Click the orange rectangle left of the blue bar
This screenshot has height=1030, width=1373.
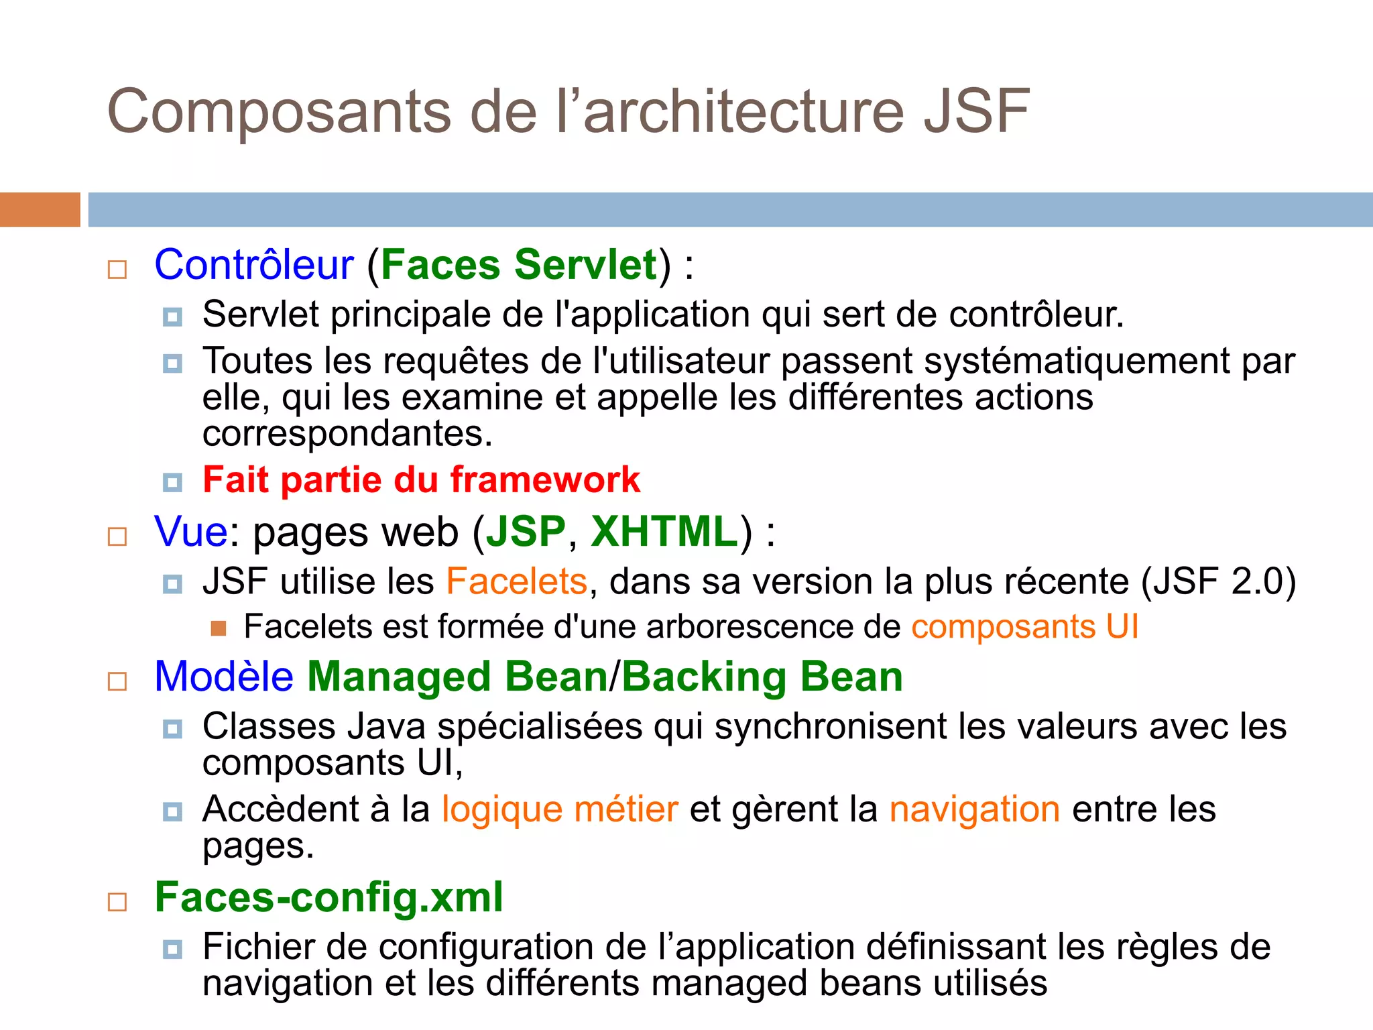coord(40,209)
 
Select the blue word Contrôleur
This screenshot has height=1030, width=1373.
coord(253,265)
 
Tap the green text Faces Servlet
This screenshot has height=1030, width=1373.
coord(519,265)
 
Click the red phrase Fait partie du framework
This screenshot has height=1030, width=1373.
coord(421,480)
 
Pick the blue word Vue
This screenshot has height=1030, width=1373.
coord(191,532)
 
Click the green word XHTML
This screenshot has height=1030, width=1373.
coord(664,532)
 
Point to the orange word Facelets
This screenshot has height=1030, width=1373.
coord(516,581)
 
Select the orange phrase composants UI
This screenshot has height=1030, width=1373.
coord(1024,627)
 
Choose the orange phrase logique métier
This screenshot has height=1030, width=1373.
coord(560,809)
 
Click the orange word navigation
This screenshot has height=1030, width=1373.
coord(974,809)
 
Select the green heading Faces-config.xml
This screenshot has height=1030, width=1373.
coord(329,897)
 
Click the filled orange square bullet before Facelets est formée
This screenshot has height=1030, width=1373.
coord(218,628)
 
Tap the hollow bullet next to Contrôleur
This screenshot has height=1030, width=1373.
coord(117,270)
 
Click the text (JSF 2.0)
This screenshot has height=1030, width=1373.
coord(1218,581)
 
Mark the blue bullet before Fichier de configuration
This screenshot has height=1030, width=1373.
coord(172,950)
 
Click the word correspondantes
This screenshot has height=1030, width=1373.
coord(347,434)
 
